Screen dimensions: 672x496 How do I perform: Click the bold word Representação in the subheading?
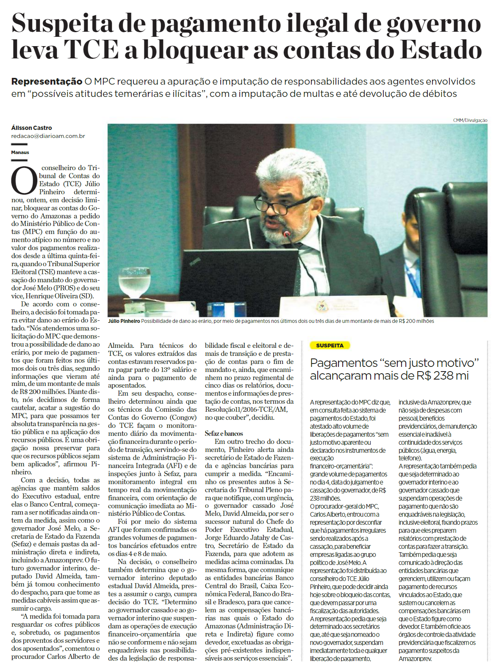point(47,81)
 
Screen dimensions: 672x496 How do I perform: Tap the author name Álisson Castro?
point(32,128)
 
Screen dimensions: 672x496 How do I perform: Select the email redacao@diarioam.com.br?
point(48,136)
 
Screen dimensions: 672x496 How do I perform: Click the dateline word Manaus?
point(20,152)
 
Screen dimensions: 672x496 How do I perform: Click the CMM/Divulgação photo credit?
point(470,121)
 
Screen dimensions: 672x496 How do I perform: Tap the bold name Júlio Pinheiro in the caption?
point(124,321)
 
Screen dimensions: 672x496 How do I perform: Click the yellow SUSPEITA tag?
point(329,346)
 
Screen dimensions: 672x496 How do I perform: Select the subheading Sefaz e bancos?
point(224,433)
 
